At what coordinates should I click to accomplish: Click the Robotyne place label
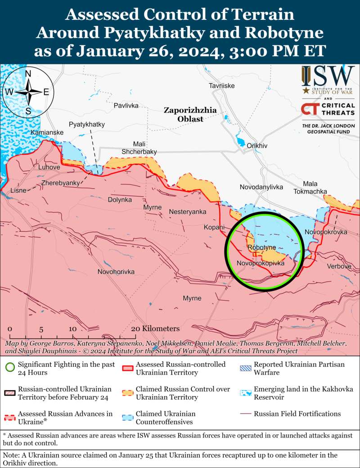click(261, 247)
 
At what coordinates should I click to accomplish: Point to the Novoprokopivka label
click(261, 263)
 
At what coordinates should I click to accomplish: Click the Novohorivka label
click(116, 272)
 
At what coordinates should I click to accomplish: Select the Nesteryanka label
click(188, 211)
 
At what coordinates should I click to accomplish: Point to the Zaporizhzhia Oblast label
click(190, 114)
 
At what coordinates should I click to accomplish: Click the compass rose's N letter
click(28, 75)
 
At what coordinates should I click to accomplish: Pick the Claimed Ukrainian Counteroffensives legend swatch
click(128, 417)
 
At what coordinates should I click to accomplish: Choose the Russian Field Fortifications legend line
click(245, 414)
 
